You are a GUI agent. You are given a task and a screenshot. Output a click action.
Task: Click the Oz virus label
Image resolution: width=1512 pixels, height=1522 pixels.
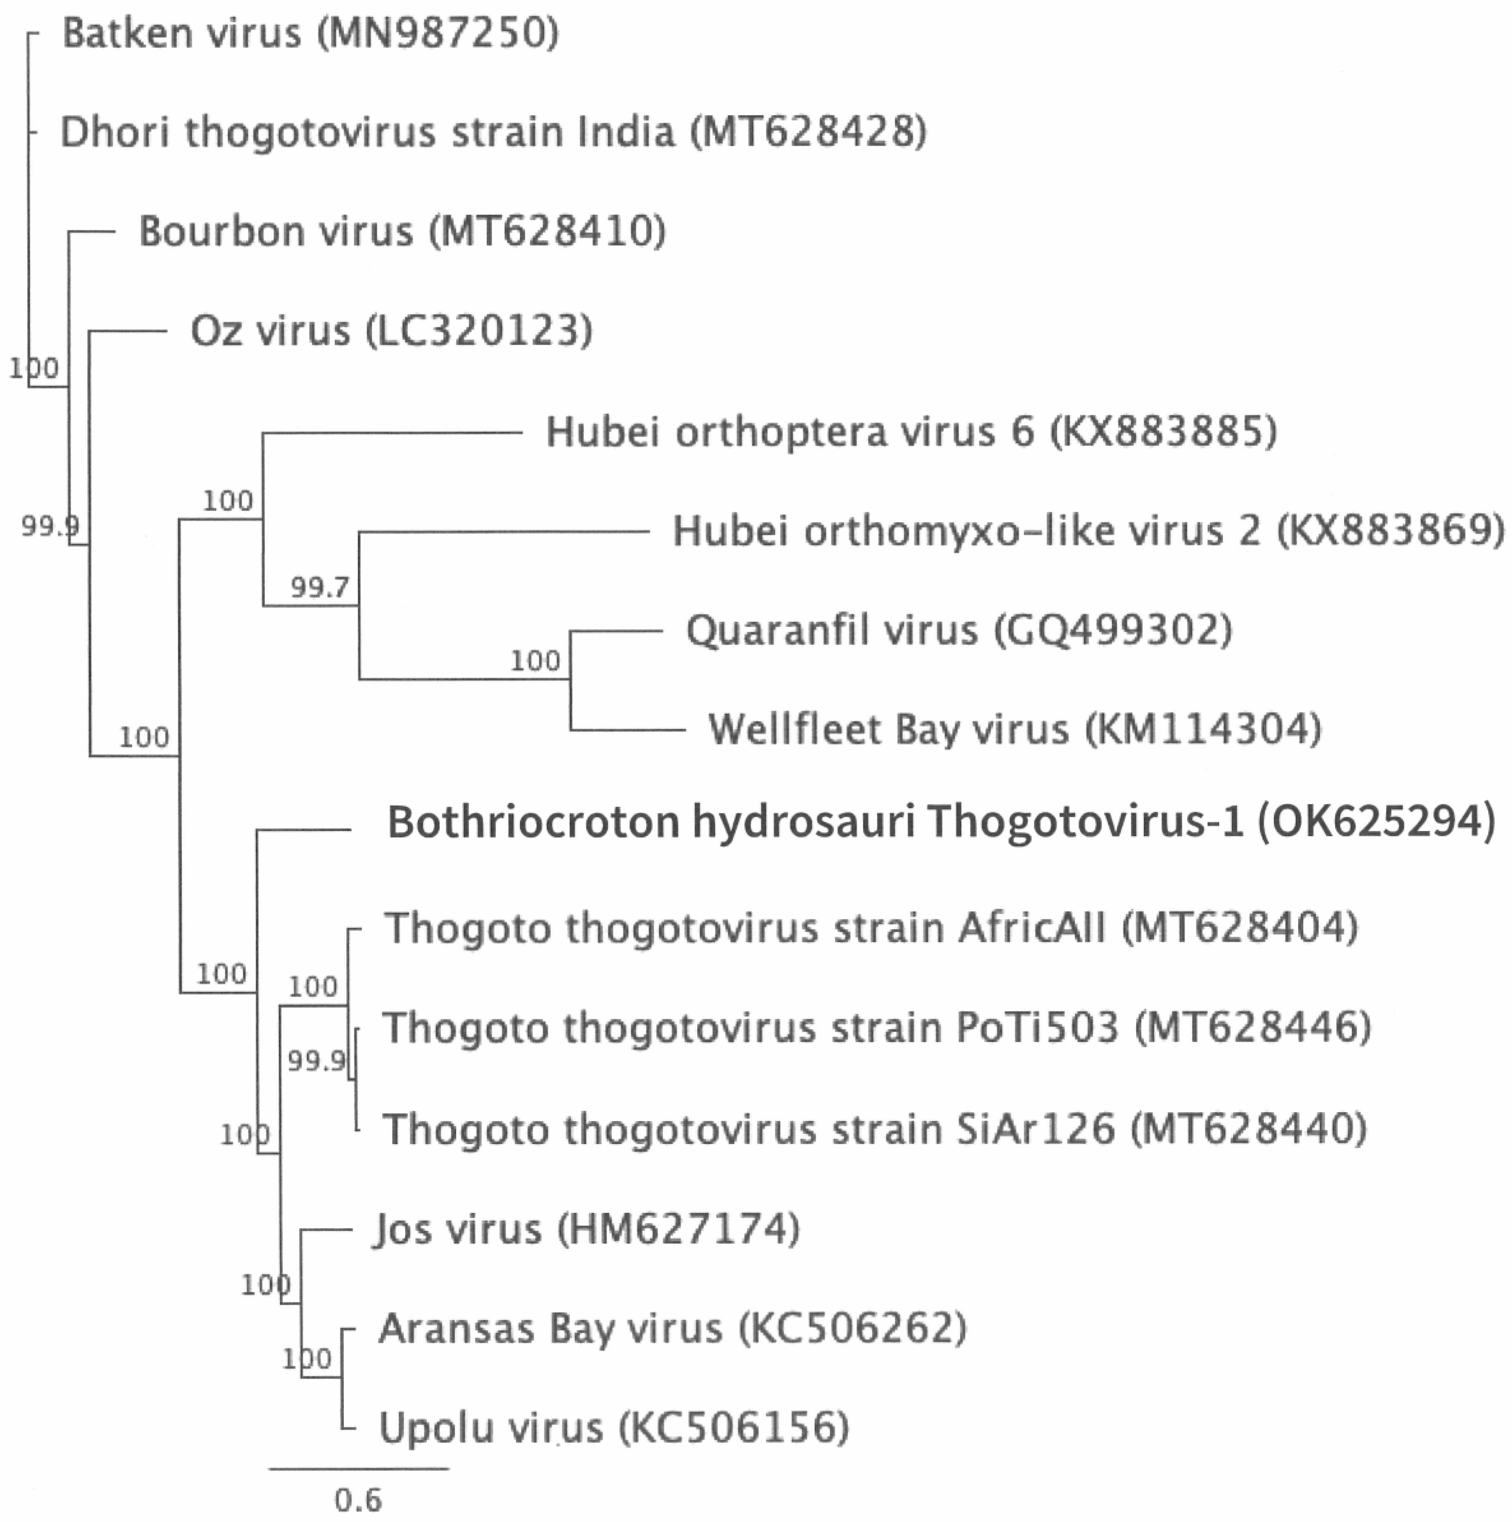[391, 331]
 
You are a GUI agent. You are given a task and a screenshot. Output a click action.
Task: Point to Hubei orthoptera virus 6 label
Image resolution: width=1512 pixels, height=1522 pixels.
[911, 432]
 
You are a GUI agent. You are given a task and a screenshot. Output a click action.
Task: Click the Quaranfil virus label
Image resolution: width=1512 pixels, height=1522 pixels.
[959, 630]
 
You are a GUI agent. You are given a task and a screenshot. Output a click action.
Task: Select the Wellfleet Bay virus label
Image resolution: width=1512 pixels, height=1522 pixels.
[1014, 730]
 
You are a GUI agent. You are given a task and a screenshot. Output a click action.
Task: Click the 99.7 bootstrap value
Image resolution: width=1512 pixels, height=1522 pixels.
[319, 587]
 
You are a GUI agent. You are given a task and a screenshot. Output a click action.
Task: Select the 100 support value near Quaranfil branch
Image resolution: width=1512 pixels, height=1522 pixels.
[535, 660]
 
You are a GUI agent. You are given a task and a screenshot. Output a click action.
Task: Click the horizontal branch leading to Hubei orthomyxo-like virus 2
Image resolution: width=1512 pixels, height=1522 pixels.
[504, 532]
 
